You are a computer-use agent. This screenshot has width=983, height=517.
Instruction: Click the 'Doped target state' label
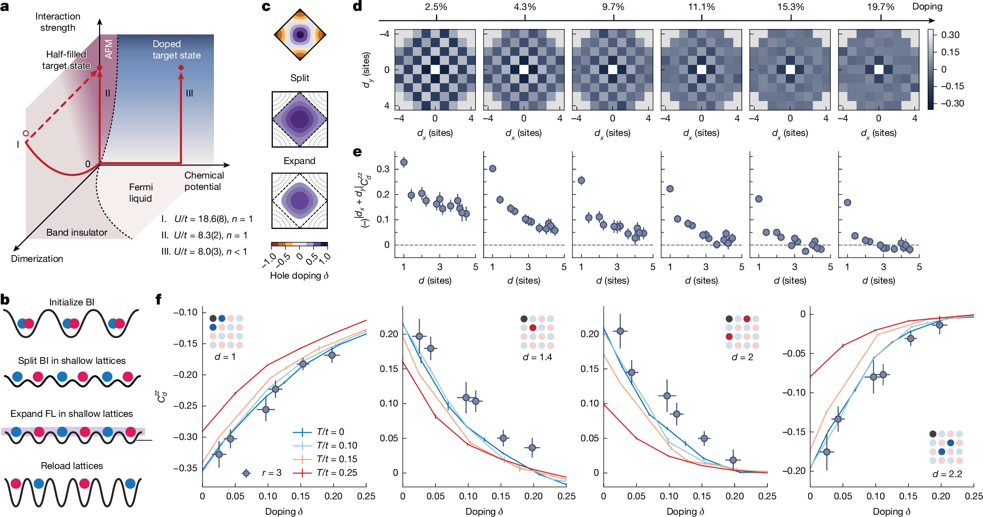[176, 49]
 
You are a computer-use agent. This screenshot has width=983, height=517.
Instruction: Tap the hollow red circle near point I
[26, 134]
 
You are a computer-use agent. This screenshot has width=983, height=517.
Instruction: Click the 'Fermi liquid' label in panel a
[140, 193]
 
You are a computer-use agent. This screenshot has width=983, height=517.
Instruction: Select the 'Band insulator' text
[77, 232]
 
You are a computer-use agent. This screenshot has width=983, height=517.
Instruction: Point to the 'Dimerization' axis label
[37, 259]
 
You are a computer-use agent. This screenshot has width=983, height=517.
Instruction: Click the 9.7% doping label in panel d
[613, 7]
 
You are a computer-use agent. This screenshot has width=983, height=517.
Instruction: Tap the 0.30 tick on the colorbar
[950, 35]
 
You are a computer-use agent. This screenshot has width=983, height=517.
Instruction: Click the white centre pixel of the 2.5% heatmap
[435, 69]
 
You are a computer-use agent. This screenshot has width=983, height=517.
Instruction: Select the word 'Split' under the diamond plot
[300, 78]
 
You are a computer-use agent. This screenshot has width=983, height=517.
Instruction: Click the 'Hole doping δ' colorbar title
[299, 275]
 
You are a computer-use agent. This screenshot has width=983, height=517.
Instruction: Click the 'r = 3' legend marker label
[271, 473]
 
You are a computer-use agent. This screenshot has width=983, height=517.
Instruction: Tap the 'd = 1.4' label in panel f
[537, 357]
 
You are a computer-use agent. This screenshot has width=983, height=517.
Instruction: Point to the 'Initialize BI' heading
[72, 302]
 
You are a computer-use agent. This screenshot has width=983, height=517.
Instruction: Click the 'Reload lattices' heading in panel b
[72, 466]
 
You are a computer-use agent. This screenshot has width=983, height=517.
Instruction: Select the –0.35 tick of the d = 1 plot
[185, 468]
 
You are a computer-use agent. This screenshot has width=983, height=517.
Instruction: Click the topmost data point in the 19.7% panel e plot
[847, 203]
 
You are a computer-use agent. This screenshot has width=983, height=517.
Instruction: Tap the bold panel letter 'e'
[358, 152]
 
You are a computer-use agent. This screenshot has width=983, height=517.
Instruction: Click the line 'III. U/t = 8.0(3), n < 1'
[204, 251]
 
